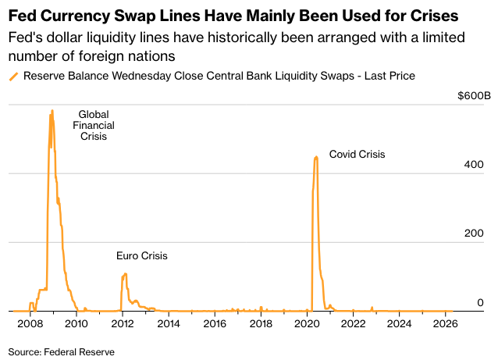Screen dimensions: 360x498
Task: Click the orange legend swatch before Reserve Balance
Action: tap(12, 77)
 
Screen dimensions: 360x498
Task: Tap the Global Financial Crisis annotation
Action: tap(93, 125)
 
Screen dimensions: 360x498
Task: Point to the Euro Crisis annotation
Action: tap(141, 256)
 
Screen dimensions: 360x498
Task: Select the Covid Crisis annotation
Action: tap(357, 155)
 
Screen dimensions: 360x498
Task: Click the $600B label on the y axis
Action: tap(475, 96)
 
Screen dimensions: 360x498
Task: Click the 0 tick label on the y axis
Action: tap(481, 303)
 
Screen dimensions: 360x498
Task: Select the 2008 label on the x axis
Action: tap(30, 323)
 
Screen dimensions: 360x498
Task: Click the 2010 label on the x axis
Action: tap(76, 323)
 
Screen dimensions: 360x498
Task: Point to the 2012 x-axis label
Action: tap(123, 323)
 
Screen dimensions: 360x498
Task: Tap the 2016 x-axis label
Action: tap(215, 323)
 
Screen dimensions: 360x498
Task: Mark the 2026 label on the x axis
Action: tap(445, 323)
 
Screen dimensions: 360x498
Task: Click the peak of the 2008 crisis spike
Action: tap(52, 111)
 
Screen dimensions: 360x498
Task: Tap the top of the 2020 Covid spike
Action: tap(316, 157)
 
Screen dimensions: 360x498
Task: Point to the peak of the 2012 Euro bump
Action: tap(125, 273)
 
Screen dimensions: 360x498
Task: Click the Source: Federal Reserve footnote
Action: tap(62, 352)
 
